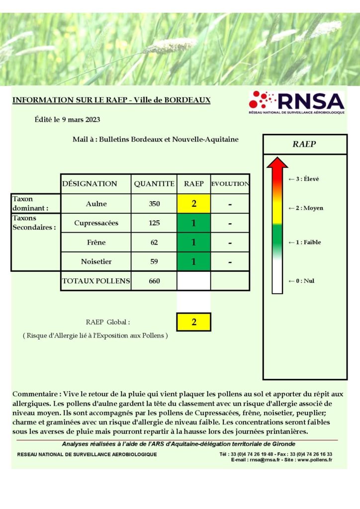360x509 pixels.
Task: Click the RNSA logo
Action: pos(296,103)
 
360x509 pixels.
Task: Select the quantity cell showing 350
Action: pos(154,204)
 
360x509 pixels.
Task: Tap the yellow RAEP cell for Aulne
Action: pos(193,204)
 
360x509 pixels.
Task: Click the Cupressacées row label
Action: pos(96,223)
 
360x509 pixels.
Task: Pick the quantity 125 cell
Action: pos(154,223)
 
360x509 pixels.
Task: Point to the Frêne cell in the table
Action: pos(96,243)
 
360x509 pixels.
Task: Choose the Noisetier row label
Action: pos(96,261)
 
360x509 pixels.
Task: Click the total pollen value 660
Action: pos(154,281)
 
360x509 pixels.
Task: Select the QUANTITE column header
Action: pos(154,184)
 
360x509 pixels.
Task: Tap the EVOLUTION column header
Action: pos(230,184)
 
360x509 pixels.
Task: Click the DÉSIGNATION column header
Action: pos(90,184)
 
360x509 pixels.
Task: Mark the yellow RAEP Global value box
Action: pos(193,322)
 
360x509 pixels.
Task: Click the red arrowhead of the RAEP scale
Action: pos(277,163)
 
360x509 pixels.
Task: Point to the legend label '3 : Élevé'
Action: pos(304,179)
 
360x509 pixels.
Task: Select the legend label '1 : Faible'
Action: pos(305,243)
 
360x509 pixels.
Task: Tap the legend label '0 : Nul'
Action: pos(301,281)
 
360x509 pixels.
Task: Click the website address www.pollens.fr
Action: pos(315,460)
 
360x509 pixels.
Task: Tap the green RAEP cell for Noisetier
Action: pos(193,261)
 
